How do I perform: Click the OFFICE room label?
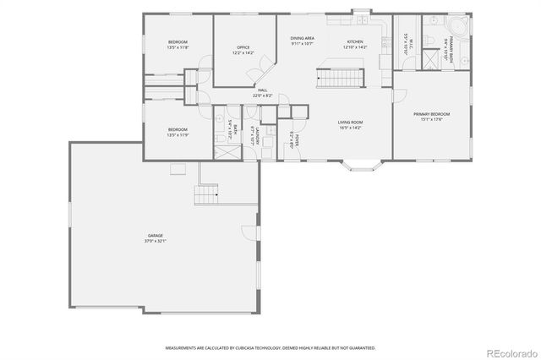(243, 47)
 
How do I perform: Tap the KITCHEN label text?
(356, 42)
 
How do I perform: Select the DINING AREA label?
(303, 38)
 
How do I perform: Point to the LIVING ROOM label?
(351, 123)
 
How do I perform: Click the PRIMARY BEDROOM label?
(431, 114)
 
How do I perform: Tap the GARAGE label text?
(156, 236)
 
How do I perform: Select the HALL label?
(262, 90)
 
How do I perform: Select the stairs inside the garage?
(205, 197)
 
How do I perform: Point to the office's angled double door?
(256, 74)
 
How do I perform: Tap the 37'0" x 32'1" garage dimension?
(156, 242)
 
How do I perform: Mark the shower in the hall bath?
(227, 152)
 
